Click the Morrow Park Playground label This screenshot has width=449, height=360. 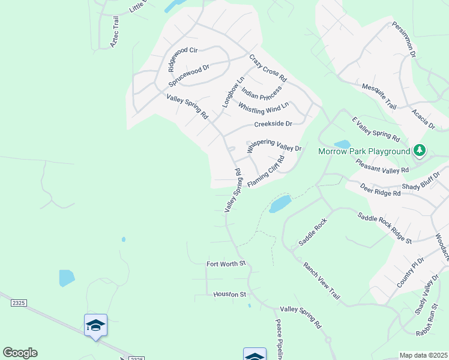364,151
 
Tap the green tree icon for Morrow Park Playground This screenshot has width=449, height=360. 420,150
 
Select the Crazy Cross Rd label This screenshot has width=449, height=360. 268,68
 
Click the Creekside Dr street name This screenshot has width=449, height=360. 273,124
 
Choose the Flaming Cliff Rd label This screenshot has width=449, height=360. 265,171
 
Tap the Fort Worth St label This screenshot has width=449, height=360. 226,263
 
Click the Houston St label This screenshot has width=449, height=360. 230,295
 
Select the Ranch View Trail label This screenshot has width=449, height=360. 322,281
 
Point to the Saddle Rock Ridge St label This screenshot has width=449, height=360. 385,228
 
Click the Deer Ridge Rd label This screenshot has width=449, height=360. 380,190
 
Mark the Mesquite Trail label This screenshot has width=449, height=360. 379,96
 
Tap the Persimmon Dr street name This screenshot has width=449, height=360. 404,40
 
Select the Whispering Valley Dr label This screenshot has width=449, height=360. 274,146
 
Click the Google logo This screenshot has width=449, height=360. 20,353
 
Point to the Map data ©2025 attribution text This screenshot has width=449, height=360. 423,355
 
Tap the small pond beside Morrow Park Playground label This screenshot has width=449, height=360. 342,144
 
